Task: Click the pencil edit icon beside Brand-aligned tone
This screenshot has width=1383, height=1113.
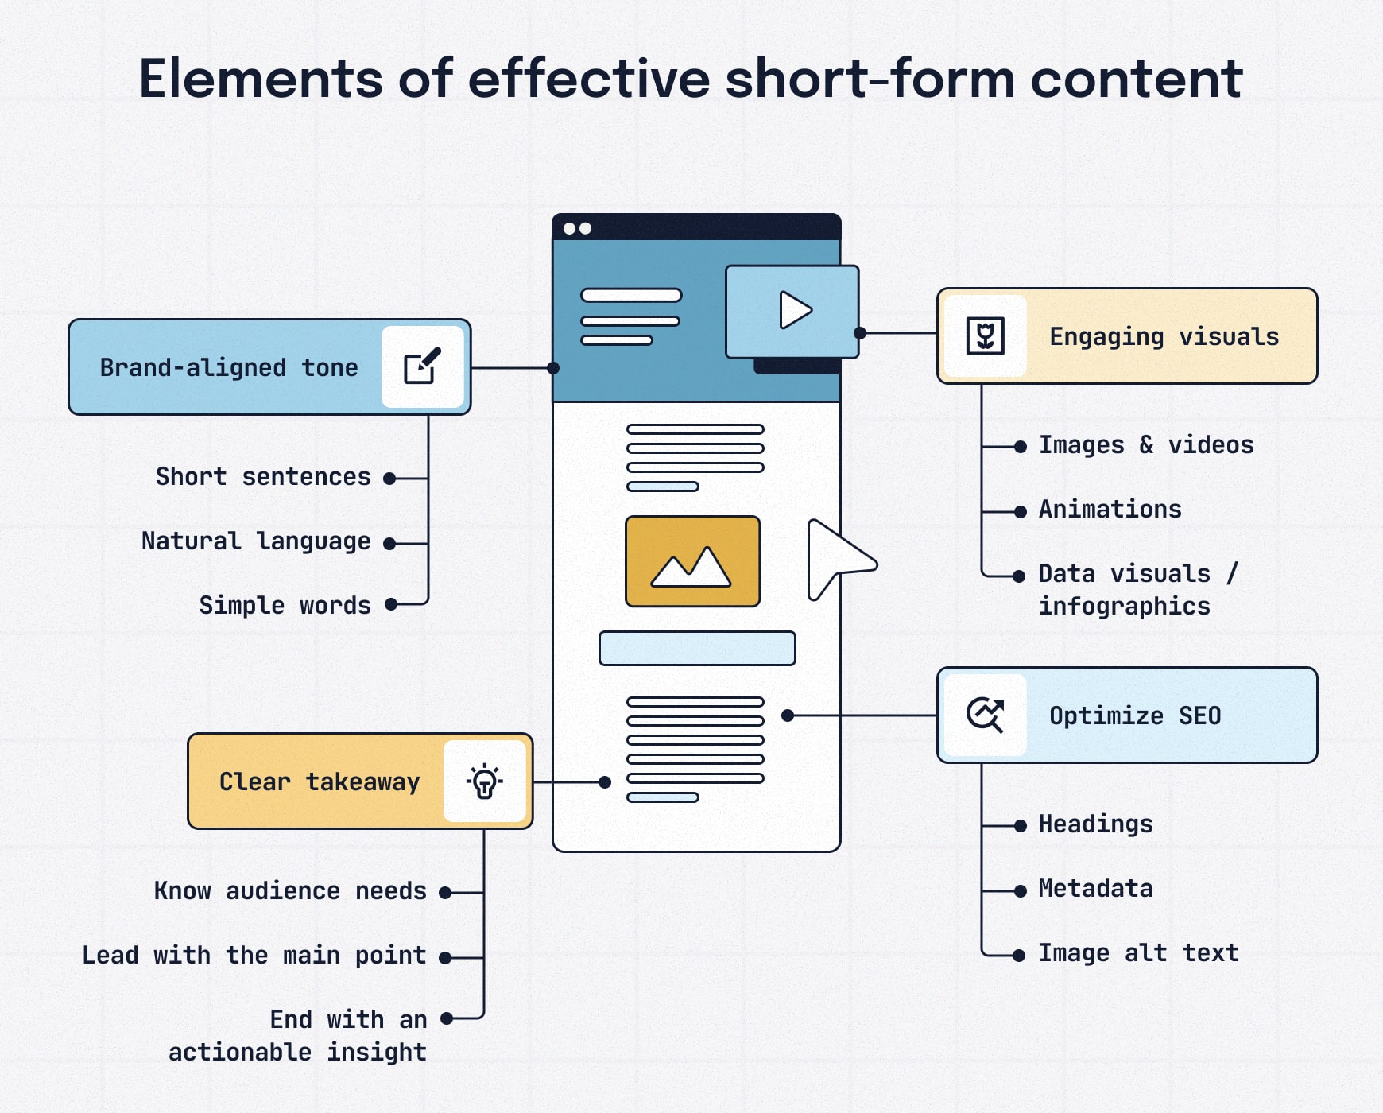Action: tap(422, 366)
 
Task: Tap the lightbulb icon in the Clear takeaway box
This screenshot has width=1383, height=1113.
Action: tap(484, 781)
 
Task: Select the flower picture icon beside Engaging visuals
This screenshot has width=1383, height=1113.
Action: tap(985, 335)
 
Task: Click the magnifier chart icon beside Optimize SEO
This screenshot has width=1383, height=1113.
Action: tap(985, 715)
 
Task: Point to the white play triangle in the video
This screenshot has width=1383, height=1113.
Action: tap(794, 310)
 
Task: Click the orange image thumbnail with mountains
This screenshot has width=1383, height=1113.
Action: tap(692, 561)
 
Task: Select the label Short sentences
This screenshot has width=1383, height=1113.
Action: tap(263, 476)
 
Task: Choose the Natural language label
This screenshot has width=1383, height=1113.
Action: tap(256, 541)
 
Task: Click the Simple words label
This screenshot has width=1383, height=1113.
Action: tap(285, 605)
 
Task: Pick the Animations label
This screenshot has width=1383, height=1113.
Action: tap(1110, 509)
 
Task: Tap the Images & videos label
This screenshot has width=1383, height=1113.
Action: tap(1145, 444)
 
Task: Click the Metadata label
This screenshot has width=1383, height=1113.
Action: tap(1095, 888)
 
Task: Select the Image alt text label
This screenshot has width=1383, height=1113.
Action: tap(1138, 952)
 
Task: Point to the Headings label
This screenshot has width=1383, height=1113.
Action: tap(1095, 824)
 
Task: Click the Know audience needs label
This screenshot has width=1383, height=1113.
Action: tap(290, 890)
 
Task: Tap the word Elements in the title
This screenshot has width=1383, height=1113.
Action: tap(261, 79)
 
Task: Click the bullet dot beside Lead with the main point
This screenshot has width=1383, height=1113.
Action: tap(446, 958)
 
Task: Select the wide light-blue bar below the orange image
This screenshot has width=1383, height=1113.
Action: tap(697, 648)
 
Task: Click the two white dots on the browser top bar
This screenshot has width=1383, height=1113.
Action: tap(577, 228)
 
